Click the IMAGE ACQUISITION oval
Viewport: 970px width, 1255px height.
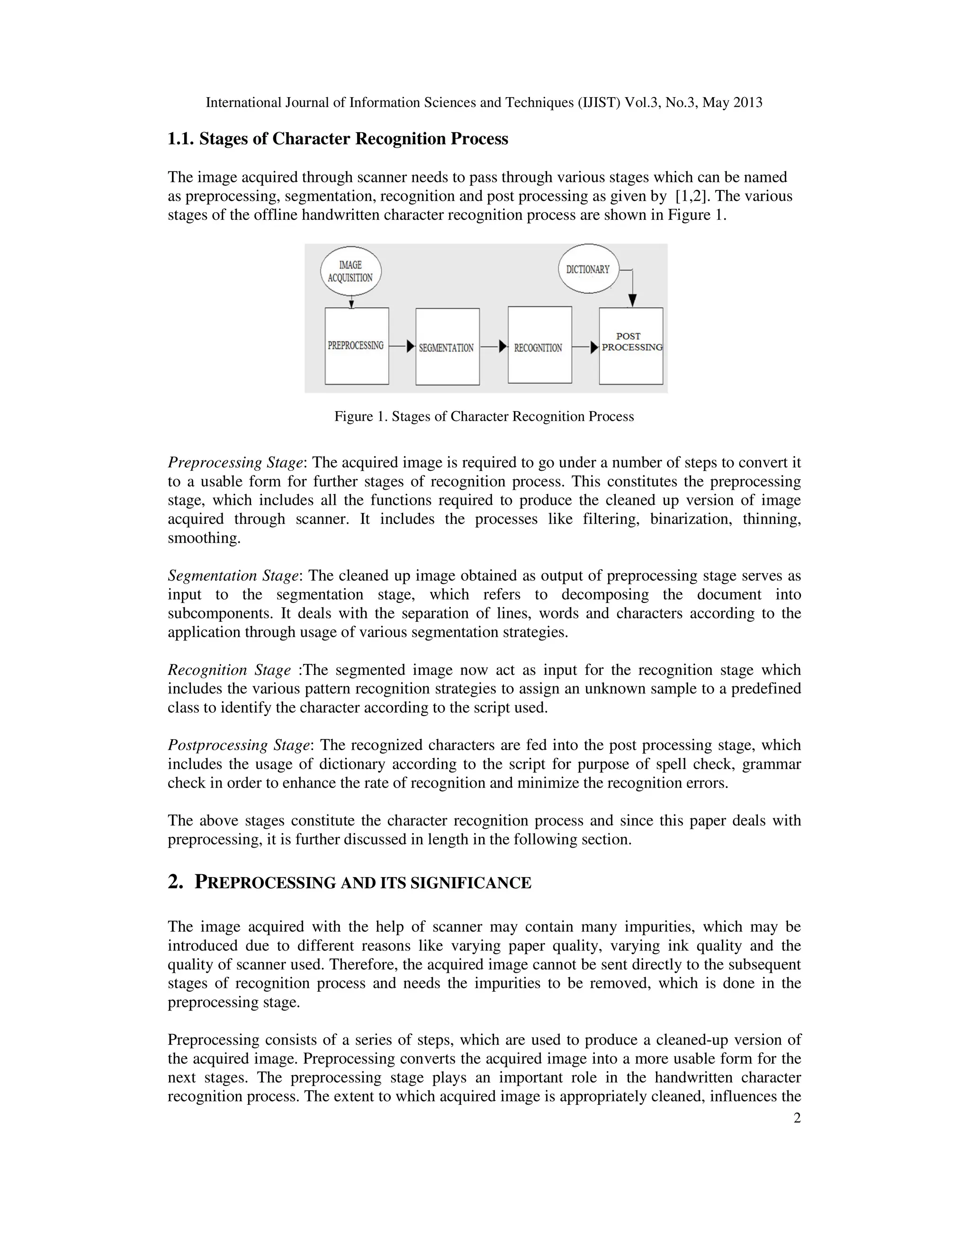tap(350, 271)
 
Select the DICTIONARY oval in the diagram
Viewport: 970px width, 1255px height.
tap(588, 269)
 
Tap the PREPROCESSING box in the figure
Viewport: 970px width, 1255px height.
tap(357, 346)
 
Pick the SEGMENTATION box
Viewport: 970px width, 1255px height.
tap(447, 347)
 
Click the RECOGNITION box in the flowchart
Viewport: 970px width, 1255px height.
tap(539, 345)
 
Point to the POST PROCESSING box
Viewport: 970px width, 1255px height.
tap(631, 346)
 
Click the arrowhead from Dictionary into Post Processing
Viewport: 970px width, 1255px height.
tap(632, 299)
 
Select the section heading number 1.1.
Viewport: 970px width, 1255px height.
tap(180, 139)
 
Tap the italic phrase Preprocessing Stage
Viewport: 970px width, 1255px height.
tap(235, 463)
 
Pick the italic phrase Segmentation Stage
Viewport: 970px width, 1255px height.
tap(233, 576)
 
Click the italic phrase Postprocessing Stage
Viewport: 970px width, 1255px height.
tap(239, 745)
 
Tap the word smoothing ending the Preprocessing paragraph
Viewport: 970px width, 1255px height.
tap(203, 538)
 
